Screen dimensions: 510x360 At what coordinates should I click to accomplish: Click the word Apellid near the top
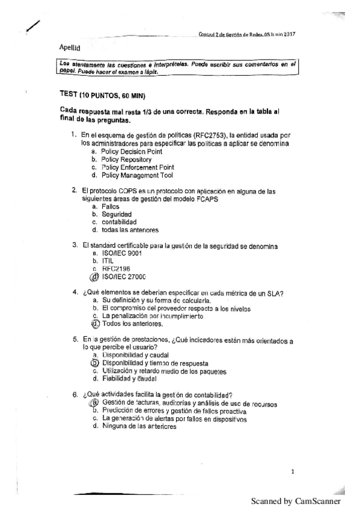(x=69, y=46)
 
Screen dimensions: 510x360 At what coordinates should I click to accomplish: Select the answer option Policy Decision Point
(x=132, y=153)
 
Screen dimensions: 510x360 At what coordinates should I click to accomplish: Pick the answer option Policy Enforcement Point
(x=138, y=168)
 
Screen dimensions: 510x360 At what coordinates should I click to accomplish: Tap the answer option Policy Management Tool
(x=137, y=176)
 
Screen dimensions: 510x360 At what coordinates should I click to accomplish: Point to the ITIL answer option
(x=108, y=261)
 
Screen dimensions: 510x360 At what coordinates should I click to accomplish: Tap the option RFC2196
(x=116, y=269)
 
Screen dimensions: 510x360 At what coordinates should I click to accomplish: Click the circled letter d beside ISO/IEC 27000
(x=93, y=277)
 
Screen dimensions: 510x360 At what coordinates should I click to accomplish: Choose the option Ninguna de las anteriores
(x=139, y=426)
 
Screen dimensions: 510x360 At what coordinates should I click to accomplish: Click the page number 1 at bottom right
(x=292, y=472)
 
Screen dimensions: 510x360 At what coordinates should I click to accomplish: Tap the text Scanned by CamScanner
(x=296, y=500)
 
